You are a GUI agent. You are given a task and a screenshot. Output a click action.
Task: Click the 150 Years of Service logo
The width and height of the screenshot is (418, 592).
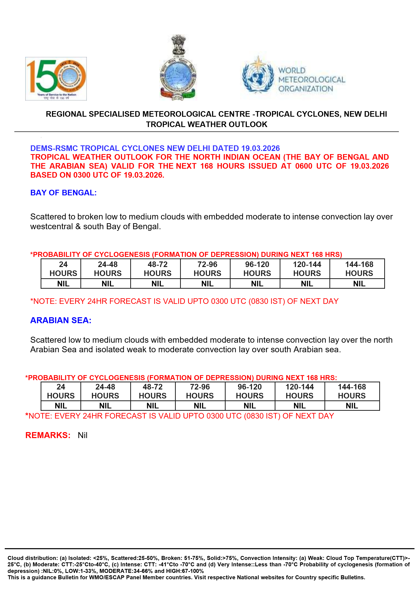click(x=56, y=79)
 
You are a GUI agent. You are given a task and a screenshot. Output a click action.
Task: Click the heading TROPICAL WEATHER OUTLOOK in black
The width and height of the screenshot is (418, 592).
click(x=206, y=124)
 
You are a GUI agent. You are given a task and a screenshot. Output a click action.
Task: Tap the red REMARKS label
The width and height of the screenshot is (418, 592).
click(x=48, y=435)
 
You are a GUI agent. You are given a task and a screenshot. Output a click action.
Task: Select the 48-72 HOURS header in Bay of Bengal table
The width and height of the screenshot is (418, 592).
click(x=157, y=269)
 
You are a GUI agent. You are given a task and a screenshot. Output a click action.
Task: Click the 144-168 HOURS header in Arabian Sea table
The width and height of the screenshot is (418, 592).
click(x=352, y=391)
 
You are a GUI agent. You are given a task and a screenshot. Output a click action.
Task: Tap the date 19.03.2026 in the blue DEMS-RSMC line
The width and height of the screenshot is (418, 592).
click(x=260, y=148)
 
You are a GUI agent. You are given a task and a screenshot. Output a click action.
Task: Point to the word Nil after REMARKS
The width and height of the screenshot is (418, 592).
click(x=82, y=435)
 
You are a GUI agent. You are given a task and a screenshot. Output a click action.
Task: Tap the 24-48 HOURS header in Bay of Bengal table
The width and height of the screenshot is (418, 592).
click(x=108, y=269)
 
